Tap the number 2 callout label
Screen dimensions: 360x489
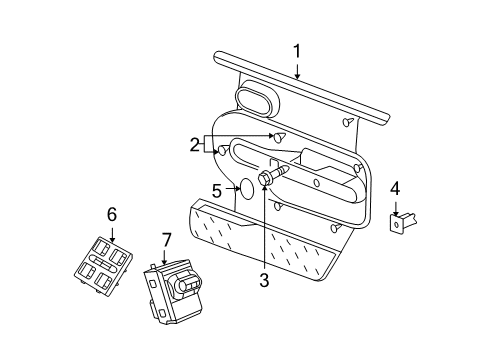click(x=194, y=144)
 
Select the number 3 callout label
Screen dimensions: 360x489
click(x=264, y=281)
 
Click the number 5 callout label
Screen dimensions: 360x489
click(x=216, y=188)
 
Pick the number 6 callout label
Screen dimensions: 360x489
click(x=112, y=213)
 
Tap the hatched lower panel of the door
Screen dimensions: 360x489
click(x=260, y=244)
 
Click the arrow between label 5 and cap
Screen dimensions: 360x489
click(x=229, y=188)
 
